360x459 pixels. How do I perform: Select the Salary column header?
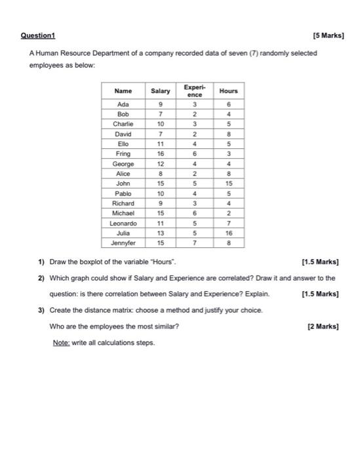click(160, 91)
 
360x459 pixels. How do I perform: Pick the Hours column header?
click(228, 91)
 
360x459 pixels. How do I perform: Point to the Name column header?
click(123, 91)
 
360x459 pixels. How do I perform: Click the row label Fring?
click(123, 153)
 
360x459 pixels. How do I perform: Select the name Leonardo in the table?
click(123, 223)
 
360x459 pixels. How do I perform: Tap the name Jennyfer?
click(123, 243)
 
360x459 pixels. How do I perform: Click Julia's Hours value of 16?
click(228, 233)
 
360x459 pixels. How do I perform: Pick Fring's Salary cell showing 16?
click(160, 153)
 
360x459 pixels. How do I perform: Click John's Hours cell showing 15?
click(228, 184)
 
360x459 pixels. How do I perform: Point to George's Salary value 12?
click(160, 163)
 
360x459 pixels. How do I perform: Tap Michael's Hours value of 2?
click(228, 213)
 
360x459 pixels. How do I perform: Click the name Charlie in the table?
click(123, 123)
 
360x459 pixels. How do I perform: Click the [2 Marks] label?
click(323, 326)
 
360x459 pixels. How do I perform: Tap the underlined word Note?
click(64, 342)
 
